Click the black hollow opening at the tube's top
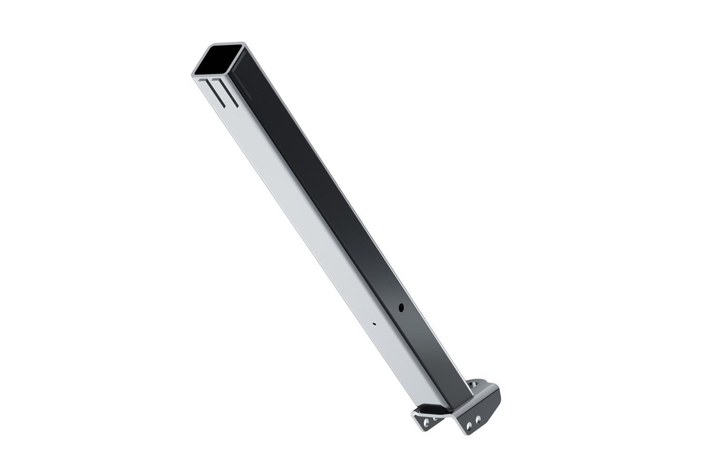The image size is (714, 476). [219, 60]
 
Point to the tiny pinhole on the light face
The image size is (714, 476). [375, 323]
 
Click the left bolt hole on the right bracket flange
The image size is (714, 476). [470, 424]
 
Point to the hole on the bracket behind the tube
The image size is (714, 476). [473, 384]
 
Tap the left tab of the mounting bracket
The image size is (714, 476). [421, 417]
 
